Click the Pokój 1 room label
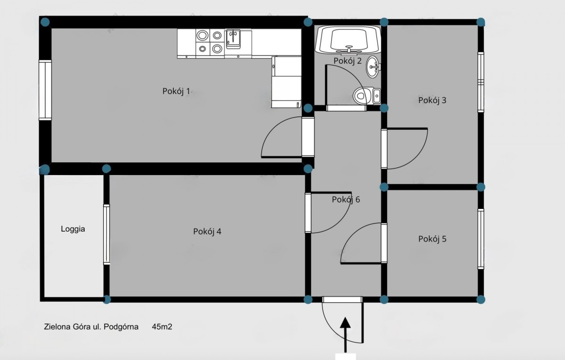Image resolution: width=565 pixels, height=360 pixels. pyautogui.click(x=176, y=91)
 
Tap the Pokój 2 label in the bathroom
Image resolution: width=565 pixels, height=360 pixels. pyautogui.click(x=347, y=61)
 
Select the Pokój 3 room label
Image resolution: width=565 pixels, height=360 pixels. pyautogui.click(x=432, y=100)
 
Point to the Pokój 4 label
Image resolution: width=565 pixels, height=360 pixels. pyautogui.click(x=207, y=232)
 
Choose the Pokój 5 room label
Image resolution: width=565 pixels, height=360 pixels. pyautogui.click(x=432, y=239)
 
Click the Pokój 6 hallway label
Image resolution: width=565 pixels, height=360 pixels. pyautogui.click(x=346, y=200)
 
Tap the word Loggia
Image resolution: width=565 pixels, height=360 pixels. pyautogui.click(x=73, y=229)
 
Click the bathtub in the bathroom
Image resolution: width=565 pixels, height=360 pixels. pyautogui.click(x=348, y=40)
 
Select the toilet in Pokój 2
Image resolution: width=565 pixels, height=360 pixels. pyautogui.click(x=366, y=96)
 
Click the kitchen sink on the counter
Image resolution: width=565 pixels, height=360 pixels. pyautogui.click(x=233, y=39)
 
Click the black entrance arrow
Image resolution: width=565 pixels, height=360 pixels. pyautogui.click(x=345, y=335)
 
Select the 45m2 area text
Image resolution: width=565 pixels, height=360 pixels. pyautogui.click(x=162, y=327)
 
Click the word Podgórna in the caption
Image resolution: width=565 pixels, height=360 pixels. pyautogui.click(x=121, y=327)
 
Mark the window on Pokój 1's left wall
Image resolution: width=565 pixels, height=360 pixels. pyautogui.click(x=45, y=90)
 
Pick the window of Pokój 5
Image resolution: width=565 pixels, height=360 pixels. pyautogui.click(x=481, y=239)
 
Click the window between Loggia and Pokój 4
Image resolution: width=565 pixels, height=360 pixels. pyautogui.click(x=106, y=234)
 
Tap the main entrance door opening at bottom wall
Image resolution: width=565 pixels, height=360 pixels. pyautogui.click(x=342, y=299)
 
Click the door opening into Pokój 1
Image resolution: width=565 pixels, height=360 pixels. pyautogui.click(x=308, y=137)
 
